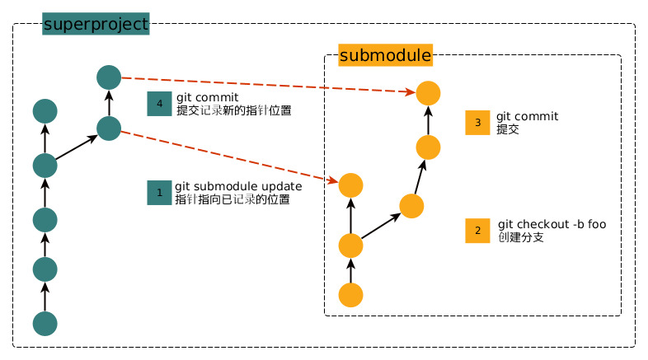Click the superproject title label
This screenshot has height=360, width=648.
click(95, 25)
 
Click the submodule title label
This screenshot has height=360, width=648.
click(385, 56)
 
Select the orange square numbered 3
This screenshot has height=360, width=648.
click(477, 123)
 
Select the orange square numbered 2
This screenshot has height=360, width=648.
click(477, 231)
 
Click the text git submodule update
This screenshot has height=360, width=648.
click(238, 186)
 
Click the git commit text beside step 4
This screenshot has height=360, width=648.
click(208, 97)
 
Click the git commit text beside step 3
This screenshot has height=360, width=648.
click(527, 117)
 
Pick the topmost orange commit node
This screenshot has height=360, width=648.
click(428, 92)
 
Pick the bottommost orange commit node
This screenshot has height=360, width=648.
click(351, 294)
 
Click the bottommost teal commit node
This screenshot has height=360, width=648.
click(45, 323)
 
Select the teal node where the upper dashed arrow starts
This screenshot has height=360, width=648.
click(109, 77)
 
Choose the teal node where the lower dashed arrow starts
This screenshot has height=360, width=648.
click(109, 128)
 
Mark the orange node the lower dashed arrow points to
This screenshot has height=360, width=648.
click(351, 185)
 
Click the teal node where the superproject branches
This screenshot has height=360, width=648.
click(45, 165)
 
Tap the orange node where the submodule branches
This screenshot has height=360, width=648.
click(351, 245)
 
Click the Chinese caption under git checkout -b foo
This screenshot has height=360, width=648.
click(520, 237)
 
